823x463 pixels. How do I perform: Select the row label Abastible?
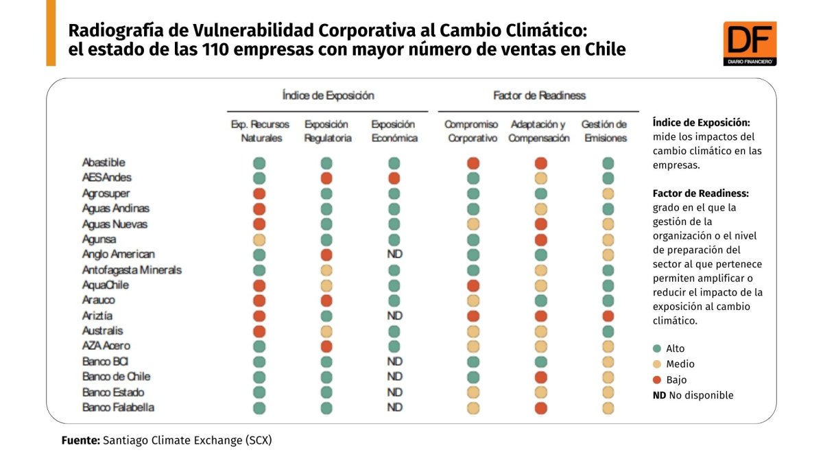click(104, 163)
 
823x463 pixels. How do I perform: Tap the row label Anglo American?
click(118, 254)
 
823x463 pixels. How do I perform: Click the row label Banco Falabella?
click(118, 407)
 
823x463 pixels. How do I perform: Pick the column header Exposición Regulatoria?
click(328, 131)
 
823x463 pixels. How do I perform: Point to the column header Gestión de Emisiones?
click(604, 131)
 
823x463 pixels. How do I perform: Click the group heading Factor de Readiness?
click(539, 95)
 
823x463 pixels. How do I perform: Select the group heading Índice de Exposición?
click(328, 95)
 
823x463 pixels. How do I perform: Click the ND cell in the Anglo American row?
click(394, 254)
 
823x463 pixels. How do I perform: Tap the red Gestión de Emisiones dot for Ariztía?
click(608, 316)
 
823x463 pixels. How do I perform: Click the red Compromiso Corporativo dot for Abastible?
click(473, 163)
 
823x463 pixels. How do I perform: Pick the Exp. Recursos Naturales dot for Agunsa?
click(259, 239)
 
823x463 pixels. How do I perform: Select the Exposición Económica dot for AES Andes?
click(394, 178)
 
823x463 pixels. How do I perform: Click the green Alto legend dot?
click(657, 348)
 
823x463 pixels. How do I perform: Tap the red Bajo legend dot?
click(657, 379)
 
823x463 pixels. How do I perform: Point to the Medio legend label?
click(680, 364)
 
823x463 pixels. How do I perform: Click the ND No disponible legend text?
click(693, 395)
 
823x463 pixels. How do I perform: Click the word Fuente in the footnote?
click(81, 440)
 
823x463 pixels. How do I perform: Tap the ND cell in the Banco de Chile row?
click(394, 377)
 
